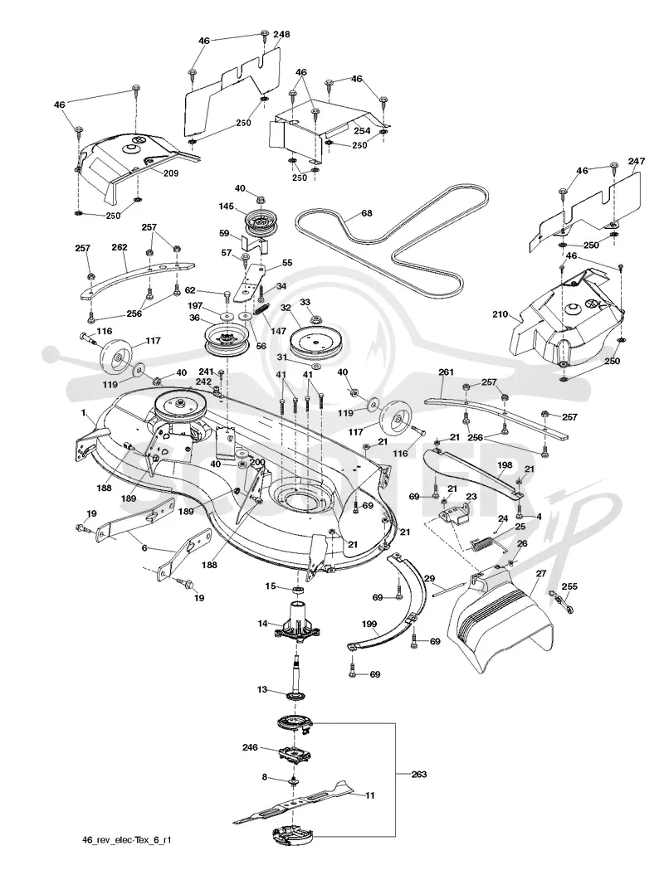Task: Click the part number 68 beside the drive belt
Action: (x=366, y=212)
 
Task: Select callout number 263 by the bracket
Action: (x=418, y=774)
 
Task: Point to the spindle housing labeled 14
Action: (x=296, y=624)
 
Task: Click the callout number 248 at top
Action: (x=281, y=34)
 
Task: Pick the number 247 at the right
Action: (x=636, y=161)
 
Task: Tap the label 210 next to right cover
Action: (x=500, y=314)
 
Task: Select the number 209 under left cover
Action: (x=171, y=173)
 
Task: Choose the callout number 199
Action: (x=369, y=624)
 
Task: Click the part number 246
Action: (x=250, y=746)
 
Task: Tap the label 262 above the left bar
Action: (x=120, y=246)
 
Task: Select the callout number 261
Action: (x=447, y=372)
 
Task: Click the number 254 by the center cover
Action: (x=362, y=129)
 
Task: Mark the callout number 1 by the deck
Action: (x=84, y=414)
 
